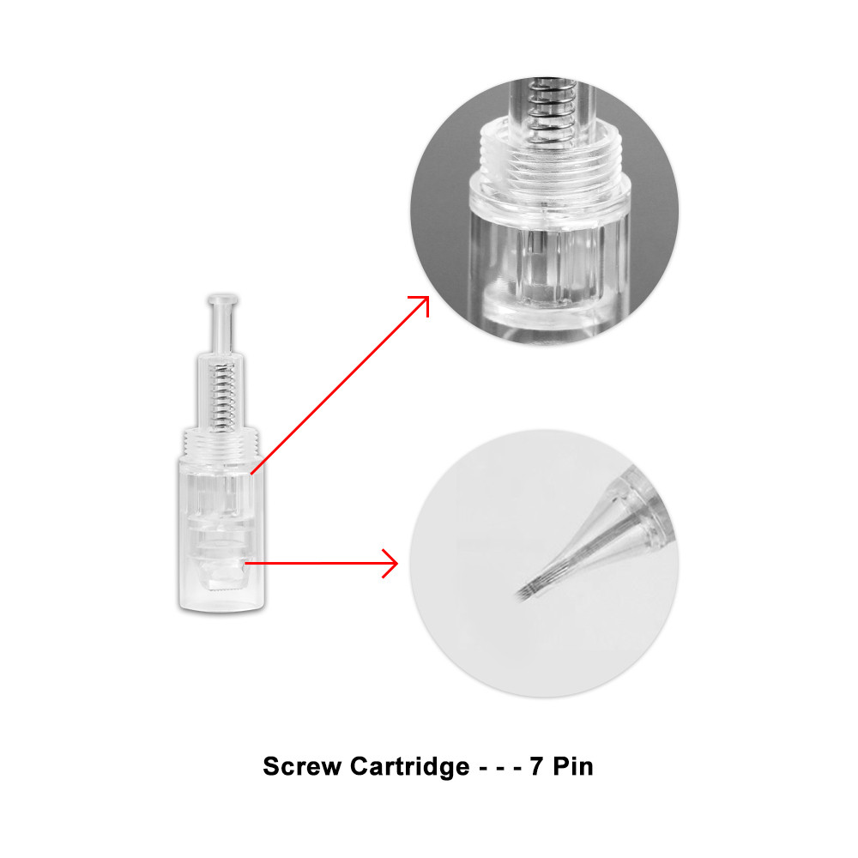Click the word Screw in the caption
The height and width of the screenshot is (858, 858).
(x=302, y=766)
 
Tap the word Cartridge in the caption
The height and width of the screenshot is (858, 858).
(x=409, y=766)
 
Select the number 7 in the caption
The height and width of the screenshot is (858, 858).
(x=535, y=766)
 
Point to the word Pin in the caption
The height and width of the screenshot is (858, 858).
(x=573, y=766)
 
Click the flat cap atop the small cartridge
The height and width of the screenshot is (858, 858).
(x=222, y=299)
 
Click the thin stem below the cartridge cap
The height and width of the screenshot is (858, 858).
(x=222, y=329)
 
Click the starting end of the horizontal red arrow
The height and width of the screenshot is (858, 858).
(x=245, y=563)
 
